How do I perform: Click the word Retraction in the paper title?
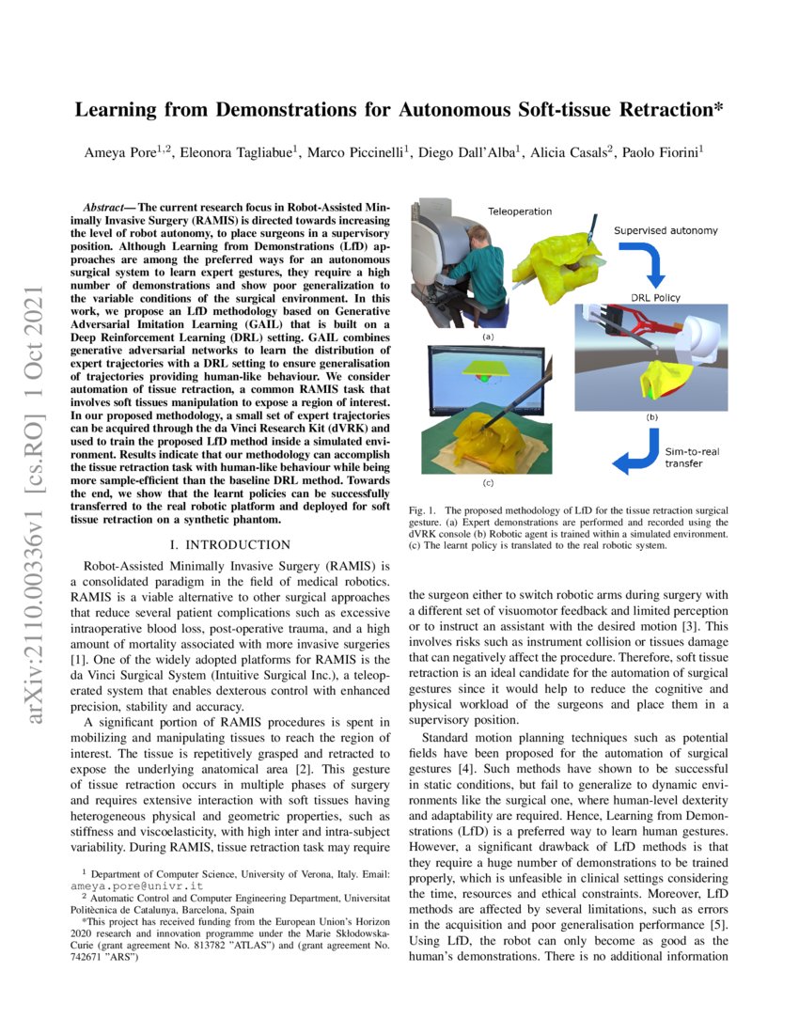click(x=667, y=109)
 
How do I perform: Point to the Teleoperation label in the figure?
click(x=519, y=211)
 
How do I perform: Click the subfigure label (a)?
click(x=488, y=335)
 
